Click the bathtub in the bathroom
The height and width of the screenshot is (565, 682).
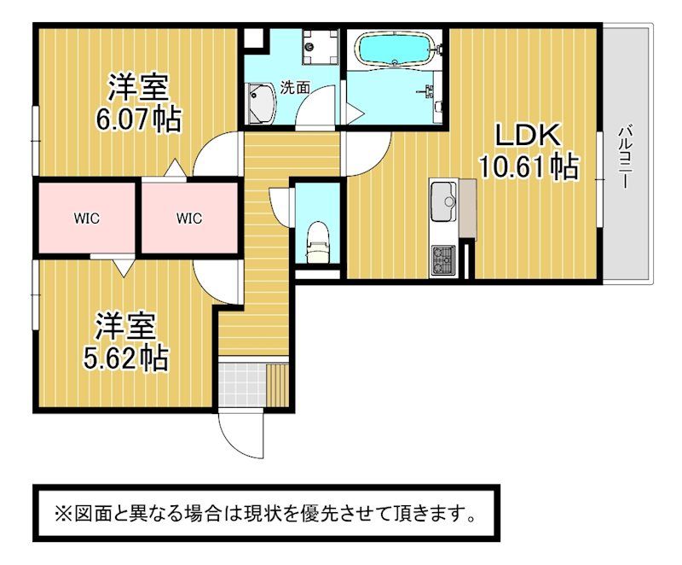395,49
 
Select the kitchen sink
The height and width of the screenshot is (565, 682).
443,201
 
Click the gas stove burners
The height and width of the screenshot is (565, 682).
443,259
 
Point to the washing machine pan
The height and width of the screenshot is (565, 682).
321,47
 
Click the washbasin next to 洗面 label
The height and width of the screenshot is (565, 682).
262,103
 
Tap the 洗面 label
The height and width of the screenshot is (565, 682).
294,88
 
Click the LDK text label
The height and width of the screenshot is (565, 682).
528,135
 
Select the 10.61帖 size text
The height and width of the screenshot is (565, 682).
529,166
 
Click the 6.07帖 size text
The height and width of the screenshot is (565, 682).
138,119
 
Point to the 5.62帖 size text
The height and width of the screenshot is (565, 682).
125,358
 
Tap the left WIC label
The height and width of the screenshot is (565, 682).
87,218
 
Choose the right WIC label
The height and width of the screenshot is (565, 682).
189,218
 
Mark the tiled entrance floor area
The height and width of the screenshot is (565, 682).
242,384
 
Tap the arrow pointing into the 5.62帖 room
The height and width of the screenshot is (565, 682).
124,267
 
